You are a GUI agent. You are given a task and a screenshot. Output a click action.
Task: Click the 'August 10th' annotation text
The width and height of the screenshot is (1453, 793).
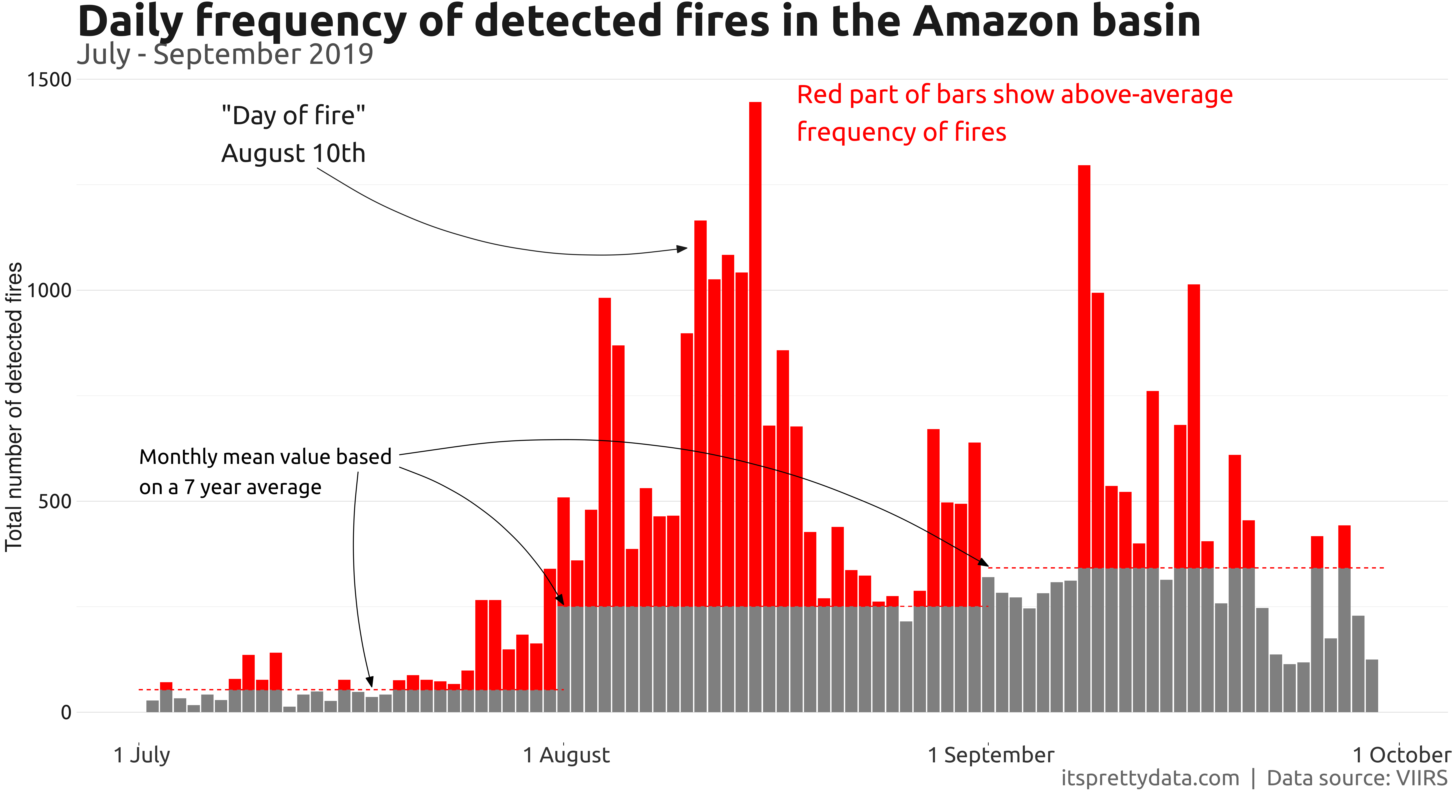coord(293,154)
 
